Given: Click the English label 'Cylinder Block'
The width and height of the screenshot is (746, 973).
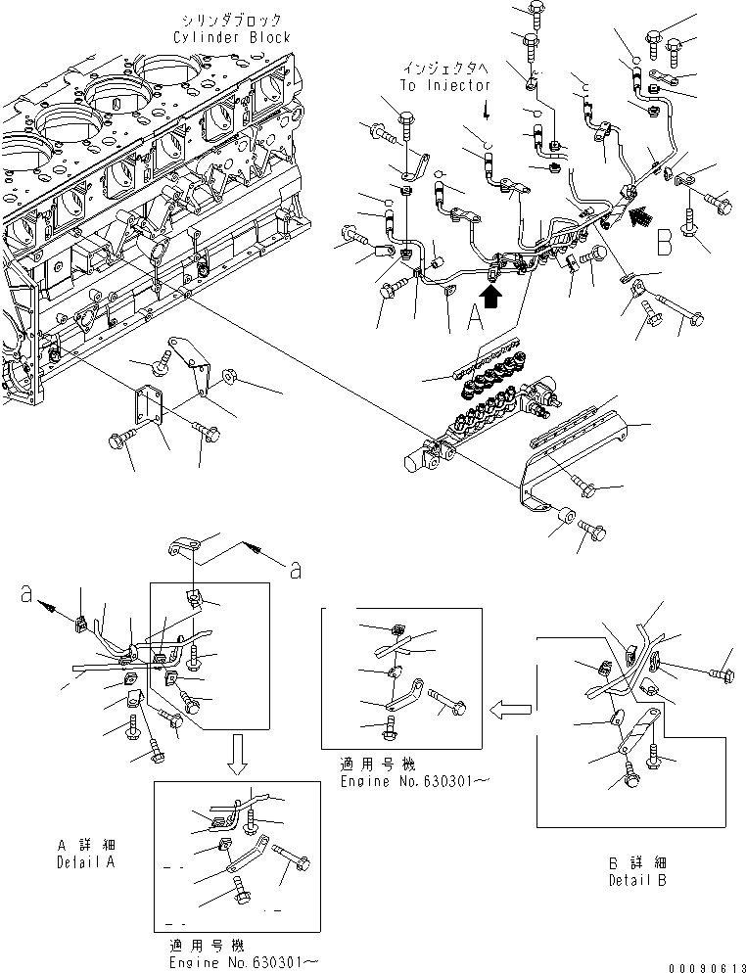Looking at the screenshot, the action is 231,37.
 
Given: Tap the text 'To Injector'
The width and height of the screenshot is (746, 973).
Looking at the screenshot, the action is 445,85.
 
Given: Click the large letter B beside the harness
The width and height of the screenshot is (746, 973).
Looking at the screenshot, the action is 665,242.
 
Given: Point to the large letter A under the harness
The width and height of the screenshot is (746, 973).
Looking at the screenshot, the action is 475,317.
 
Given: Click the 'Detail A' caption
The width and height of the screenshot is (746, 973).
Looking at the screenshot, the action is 85,862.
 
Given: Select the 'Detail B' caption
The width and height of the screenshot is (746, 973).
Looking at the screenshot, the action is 637,880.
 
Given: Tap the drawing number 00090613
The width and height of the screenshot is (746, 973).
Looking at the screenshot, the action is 706,967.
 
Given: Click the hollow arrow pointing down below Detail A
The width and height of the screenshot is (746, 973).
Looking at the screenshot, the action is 237,754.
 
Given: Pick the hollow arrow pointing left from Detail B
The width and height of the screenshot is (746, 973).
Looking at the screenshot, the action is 510,709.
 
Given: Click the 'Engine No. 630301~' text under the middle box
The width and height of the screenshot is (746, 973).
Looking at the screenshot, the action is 414,781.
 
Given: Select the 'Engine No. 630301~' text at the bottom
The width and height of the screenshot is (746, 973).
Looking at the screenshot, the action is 244,962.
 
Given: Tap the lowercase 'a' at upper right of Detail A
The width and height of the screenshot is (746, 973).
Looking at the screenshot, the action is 296,570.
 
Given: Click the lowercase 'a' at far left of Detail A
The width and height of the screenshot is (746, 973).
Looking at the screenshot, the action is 26,594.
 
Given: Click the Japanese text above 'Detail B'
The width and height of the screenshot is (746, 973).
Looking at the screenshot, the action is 637,862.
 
